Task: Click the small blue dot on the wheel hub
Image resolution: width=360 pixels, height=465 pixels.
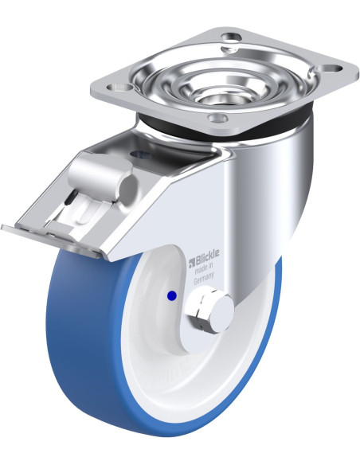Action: (172, 295)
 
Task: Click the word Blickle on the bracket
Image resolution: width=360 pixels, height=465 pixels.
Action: (207, 255)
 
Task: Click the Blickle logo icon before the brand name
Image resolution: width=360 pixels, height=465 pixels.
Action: (191, 260)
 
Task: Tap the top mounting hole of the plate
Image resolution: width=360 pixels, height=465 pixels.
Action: (231, 39)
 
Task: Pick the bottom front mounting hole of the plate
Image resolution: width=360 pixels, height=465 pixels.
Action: (217, 118)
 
